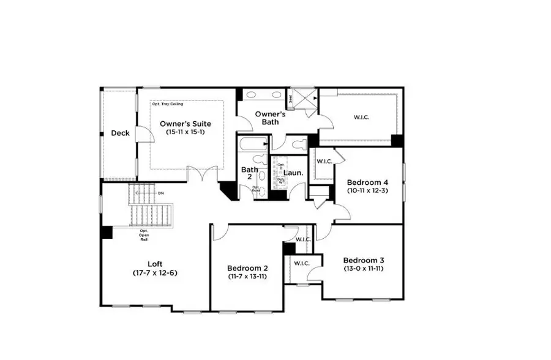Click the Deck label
(x=120, y=133)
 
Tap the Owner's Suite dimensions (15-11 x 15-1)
(x=186, y=133)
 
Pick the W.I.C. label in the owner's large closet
(x=361, y=116)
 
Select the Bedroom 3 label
(x=364, y=260)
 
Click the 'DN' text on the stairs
(x=161, y=193)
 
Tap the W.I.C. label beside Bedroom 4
(x=323, y=162)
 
